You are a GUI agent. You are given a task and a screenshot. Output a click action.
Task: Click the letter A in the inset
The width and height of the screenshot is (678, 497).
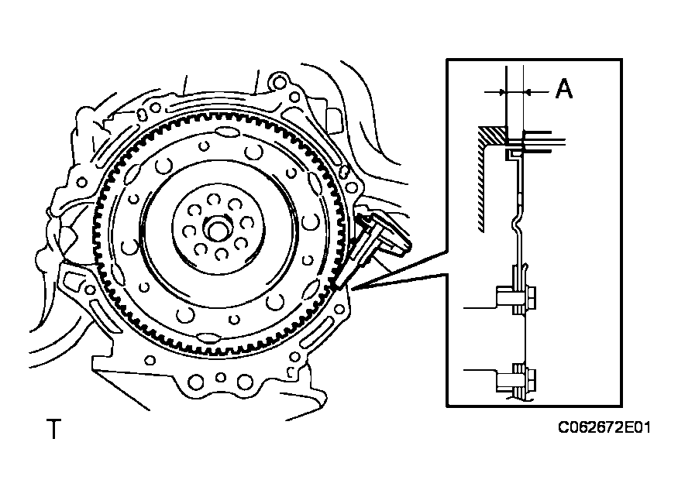click(564, 89)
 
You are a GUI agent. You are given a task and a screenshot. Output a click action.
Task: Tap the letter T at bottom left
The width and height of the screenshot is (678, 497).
click(53, 429)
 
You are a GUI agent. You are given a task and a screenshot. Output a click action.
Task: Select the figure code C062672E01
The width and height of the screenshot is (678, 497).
click(604, 427)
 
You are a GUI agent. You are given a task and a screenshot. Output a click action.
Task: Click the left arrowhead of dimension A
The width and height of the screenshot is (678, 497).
click(501, 91)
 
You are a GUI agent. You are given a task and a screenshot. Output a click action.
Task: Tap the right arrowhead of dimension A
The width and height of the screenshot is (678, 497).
click(528, 91)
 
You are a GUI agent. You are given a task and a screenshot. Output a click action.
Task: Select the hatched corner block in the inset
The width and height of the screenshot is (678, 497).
click(491, 135)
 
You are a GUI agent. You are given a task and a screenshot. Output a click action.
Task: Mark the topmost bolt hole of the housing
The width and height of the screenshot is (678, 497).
click(280, 82)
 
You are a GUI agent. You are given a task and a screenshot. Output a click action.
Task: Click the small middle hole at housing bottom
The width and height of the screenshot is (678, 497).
click(221, 377)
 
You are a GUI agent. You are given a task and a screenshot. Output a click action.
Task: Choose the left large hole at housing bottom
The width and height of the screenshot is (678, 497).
click(196, 382)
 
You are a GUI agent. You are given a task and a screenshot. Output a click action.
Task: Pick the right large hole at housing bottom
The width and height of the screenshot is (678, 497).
click(245, 382)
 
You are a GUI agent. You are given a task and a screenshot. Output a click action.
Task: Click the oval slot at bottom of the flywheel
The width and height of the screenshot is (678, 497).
click(207, 337)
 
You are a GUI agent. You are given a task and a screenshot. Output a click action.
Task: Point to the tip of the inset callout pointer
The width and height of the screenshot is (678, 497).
click(352, 288)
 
